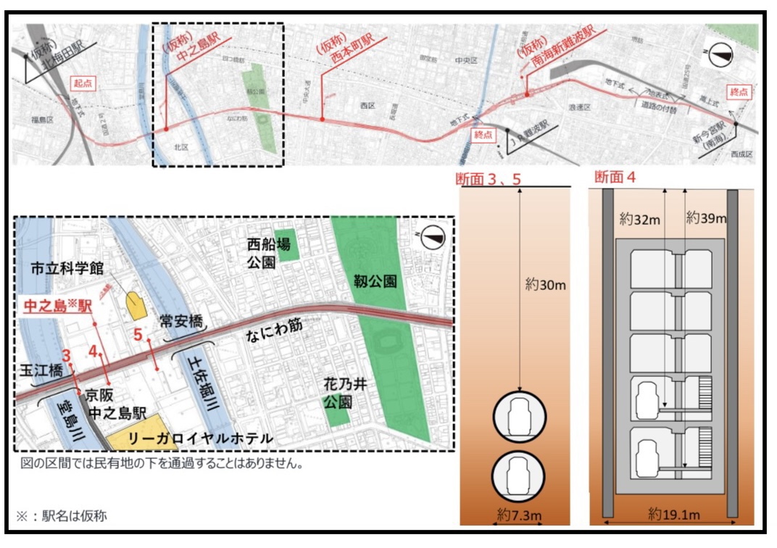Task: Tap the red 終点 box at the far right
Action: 739,92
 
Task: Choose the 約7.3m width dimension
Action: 520,514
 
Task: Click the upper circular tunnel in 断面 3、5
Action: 519,418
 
